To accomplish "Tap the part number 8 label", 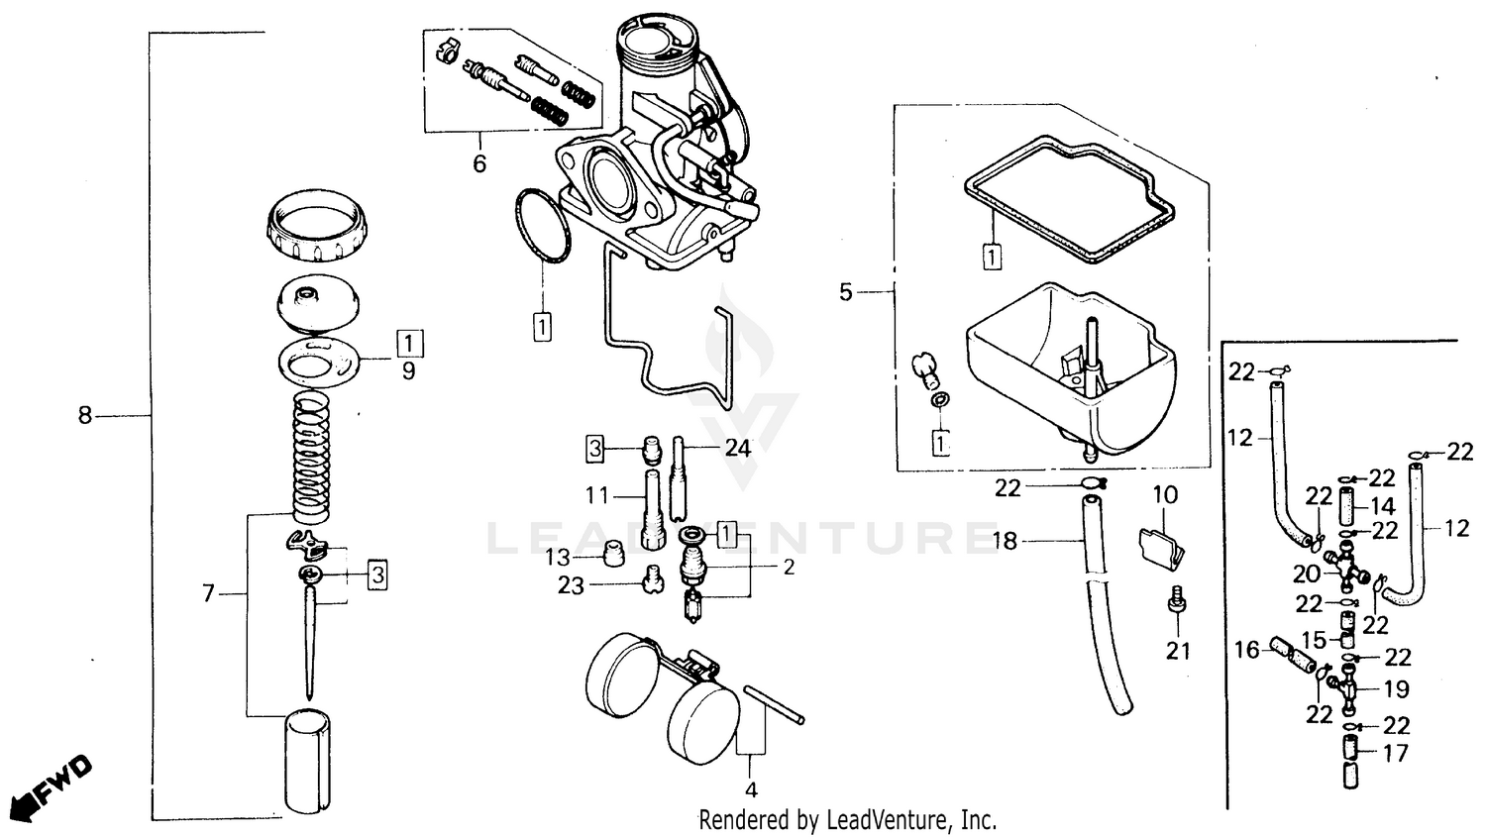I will (85, 416).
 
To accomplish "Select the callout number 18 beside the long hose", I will (1005, 541).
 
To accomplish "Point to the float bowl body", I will (1070, 366).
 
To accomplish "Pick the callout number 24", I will (737, 448).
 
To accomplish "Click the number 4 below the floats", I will (751, 790).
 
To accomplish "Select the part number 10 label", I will (1165, 493).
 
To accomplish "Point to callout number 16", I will (1246, 650).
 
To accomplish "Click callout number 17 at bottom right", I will (1395, 754).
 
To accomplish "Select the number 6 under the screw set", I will (479, 163).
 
